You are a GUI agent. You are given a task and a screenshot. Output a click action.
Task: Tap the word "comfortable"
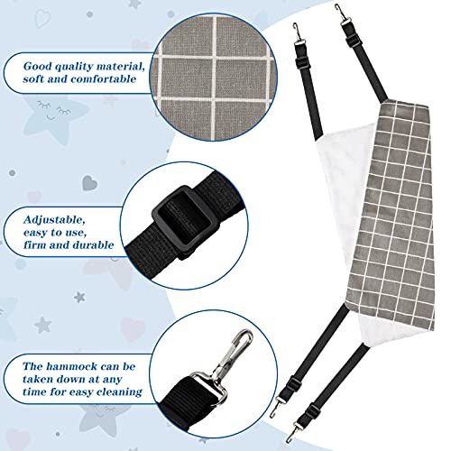104,79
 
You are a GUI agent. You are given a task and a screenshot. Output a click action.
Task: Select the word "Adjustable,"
54,220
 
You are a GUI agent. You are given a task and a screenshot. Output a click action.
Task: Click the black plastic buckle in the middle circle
181,223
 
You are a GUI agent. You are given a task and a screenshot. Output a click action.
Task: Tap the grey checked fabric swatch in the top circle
214,77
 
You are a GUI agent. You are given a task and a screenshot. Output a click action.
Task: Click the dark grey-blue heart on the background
90,182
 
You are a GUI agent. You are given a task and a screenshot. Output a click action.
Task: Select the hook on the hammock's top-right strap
340,14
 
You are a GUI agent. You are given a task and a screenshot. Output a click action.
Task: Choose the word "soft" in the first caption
33,79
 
